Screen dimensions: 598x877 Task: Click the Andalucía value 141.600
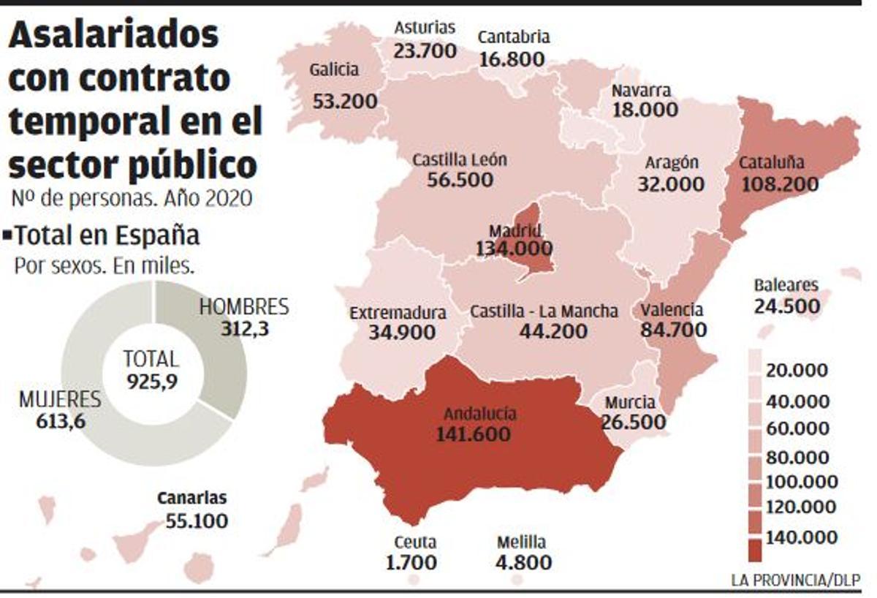click(x=473, y=434)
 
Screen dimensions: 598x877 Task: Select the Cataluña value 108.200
click(x=780, y=184)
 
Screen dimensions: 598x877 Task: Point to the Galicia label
click(x=334, y=70)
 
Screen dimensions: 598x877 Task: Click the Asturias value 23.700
click(x=425, y=51)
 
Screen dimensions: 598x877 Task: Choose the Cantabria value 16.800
click(x=512, y=59)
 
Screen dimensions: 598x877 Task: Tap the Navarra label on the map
click(x=640, y=91)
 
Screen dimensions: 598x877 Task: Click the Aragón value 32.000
click(x=671, y=184)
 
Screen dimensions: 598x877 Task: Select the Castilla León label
click(x=460, y=160)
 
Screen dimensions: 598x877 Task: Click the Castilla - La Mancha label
click(x=544, y=311)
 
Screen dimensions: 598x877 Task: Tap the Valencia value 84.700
click(x=674, y=330)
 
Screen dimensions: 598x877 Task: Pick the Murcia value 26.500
click(x=634, y=423)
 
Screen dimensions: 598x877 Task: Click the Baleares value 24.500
click(x=786, y=306)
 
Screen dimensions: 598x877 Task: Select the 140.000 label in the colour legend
click(x=801, y=538)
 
